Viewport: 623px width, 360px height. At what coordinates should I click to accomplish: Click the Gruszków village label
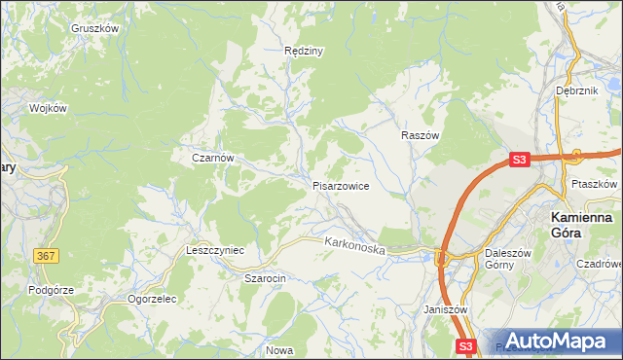pyautogui.click(x=94, y=28)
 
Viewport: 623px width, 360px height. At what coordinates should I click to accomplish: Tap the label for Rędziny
pyautogui.click(x=303, y=50)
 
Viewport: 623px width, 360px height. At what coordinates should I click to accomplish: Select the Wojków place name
pyautogui.click(x=48, y=108)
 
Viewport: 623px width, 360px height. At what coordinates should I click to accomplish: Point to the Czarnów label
pyautogui.click(x=212, y=157)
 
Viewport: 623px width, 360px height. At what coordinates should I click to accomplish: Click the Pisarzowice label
pyautogui.click(x=340, y=186)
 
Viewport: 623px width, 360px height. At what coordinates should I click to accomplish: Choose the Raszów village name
pyautogui.click(x=421, y=136)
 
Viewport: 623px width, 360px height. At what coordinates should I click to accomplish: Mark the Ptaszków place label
pyautogui.click(x=595, y=183)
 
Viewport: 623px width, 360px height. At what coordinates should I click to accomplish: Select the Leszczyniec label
pyautogui.click(x=214, y=250)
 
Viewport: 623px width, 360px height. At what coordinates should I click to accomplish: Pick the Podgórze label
pyautogui.click(x=52, y=289)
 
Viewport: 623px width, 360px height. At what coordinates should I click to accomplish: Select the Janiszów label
pyautogui.click(x=447, y=309)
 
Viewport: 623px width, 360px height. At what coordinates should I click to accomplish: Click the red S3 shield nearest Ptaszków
pyautogui.click(x=520, y=160)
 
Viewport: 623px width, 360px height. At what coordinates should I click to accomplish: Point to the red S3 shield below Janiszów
pyautogui.click(x=466, y=346)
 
